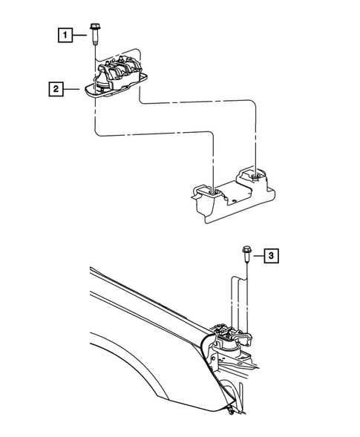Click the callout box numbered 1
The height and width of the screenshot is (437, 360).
pos(66,34)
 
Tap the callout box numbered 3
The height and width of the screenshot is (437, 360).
pos(272,257)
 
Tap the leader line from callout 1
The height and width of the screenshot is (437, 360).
pos(80,34)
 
